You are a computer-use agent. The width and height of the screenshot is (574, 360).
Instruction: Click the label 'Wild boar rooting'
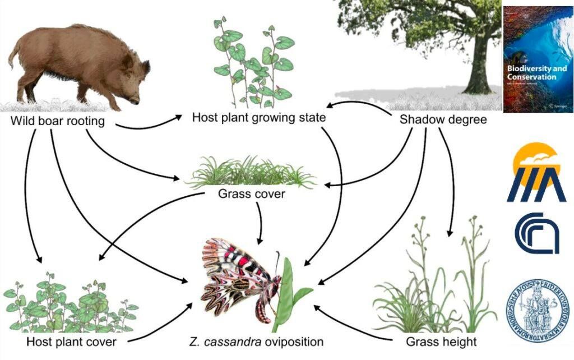(x=58, y=121)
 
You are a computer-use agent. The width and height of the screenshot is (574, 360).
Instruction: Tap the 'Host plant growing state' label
(x=258, y=118)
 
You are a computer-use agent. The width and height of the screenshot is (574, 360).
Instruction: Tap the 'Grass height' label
(x=440, y=341)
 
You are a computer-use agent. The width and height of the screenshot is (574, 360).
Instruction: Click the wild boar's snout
(x=137, y=101)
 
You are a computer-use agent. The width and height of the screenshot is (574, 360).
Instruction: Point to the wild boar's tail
(x=12, y=56)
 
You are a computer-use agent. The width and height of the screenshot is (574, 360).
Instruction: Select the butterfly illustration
(x=241, y=280)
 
